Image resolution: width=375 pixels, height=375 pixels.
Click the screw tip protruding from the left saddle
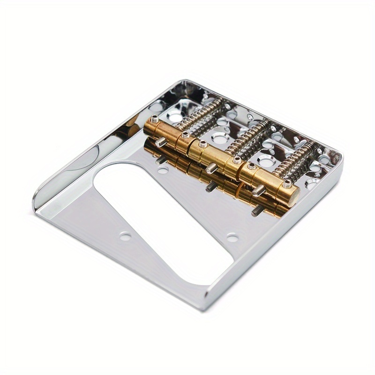click(162, 142)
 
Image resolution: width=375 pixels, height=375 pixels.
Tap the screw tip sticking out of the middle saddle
click(211, 168)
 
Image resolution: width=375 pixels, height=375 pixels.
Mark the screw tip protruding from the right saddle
click(258, 190)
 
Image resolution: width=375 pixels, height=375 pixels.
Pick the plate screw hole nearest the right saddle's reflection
click(232, 238)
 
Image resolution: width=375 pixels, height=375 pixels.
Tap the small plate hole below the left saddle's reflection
click(163, 170)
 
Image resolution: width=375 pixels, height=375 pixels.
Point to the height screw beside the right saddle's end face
click(286, 184)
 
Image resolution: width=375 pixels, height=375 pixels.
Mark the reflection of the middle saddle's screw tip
click(211, 187)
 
